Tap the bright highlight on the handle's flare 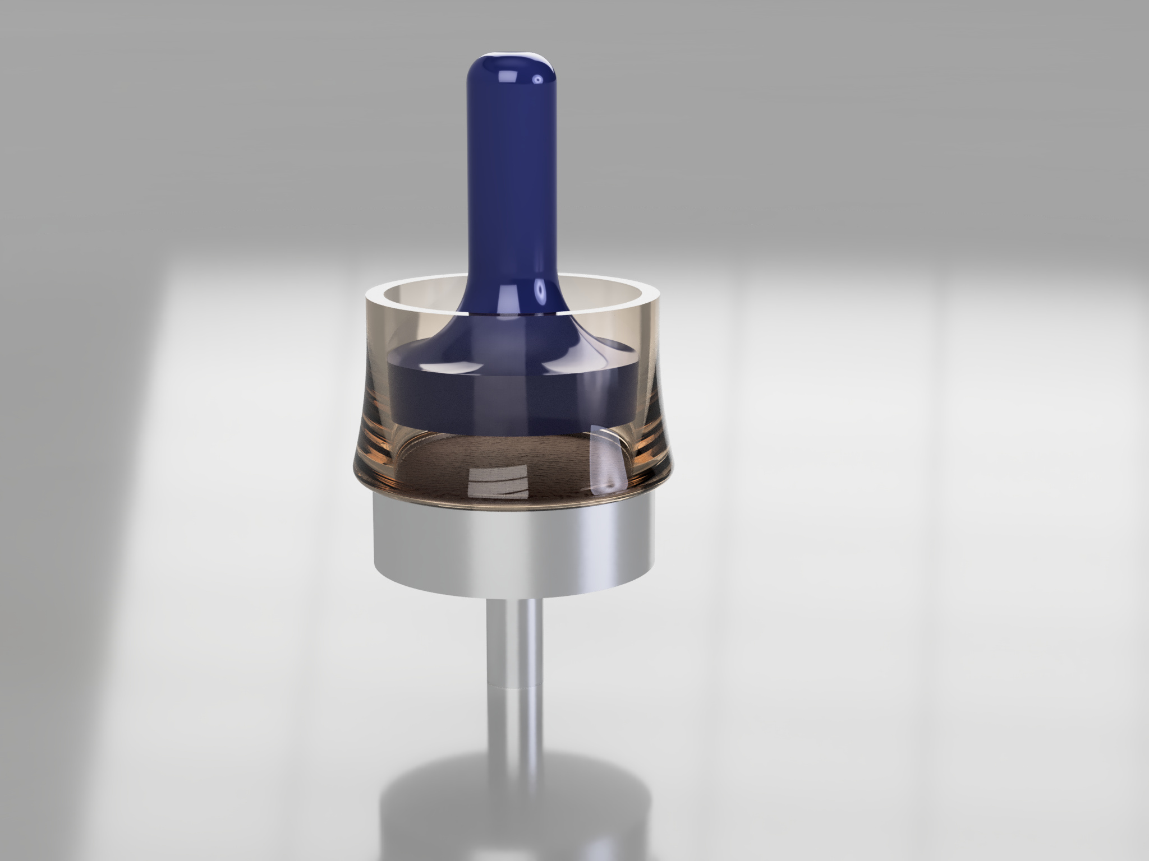[541, 291]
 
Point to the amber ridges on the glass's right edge [654, 432]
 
